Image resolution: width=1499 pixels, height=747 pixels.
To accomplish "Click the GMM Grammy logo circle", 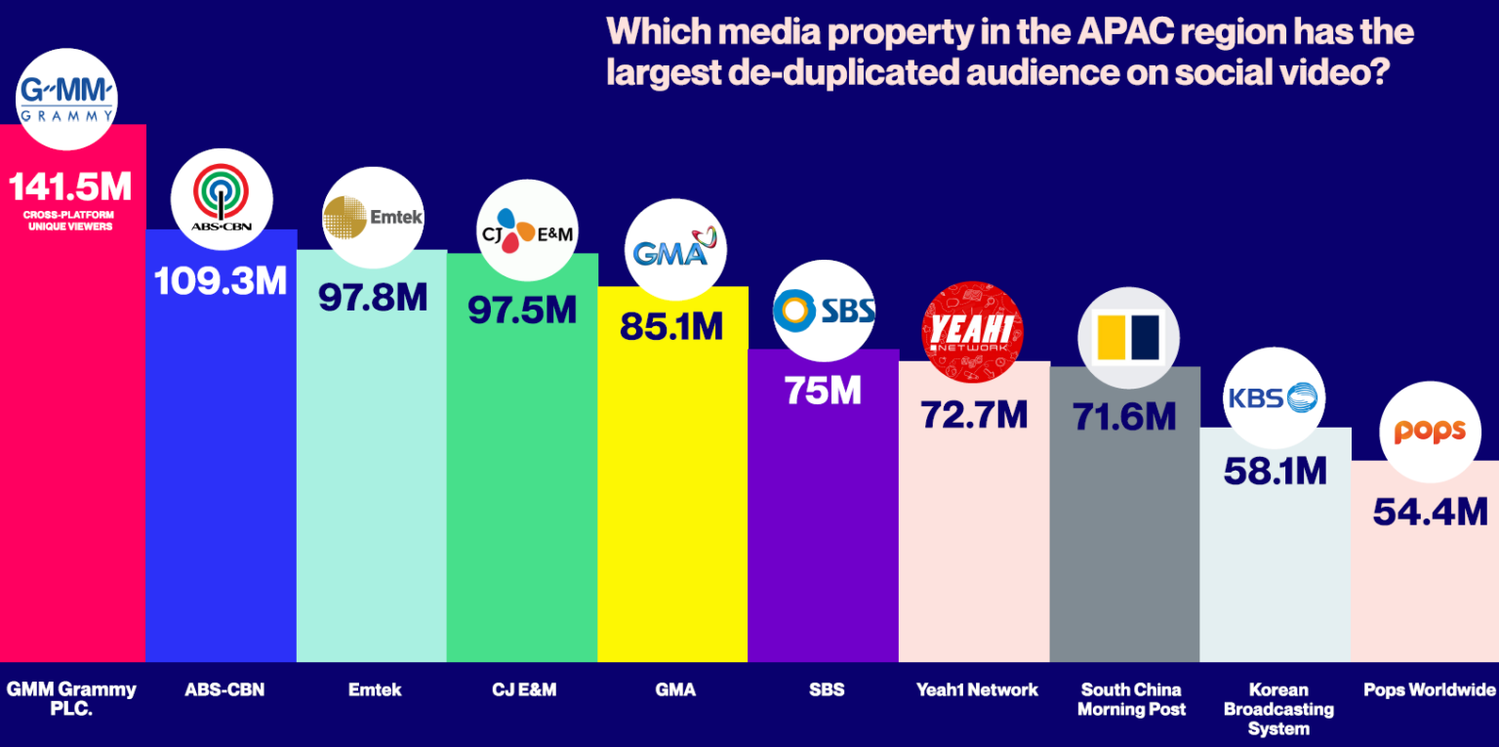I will point(66,99).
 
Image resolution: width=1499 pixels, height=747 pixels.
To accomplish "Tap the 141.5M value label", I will point(69,186).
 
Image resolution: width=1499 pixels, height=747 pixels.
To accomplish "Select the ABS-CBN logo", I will point(221,199).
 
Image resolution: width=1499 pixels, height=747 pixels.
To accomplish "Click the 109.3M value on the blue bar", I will point(221,281).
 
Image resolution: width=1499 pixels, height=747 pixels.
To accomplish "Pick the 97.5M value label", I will point(522,310).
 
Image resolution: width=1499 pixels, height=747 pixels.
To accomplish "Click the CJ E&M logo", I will point(527,230).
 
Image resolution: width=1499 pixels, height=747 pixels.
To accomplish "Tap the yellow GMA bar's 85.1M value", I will point(671,327).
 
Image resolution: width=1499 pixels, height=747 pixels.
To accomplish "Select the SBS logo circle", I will point(825,311).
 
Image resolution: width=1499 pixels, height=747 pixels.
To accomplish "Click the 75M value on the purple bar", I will point(823,391).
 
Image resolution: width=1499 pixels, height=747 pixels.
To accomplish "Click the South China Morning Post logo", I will point(1127,337).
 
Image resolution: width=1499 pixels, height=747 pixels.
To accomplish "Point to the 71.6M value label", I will point(1124,417).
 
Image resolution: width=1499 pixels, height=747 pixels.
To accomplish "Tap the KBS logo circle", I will point(1274,397).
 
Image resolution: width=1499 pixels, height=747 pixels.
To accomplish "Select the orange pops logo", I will point(1430,432).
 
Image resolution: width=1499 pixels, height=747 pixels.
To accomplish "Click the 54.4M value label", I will point(1430,512).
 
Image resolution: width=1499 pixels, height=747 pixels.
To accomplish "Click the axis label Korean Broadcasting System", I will point(1277,709).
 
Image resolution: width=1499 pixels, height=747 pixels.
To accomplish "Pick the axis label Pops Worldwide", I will point(1429,690).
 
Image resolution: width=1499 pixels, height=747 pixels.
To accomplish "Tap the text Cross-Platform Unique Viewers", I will point(69,220).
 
